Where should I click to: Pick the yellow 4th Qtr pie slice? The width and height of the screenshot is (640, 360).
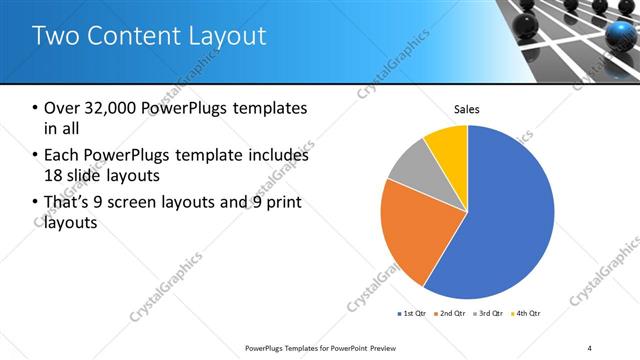448,145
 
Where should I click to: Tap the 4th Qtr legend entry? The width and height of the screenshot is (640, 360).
526,314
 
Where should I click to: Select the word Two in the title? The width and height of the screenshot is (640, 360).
56,37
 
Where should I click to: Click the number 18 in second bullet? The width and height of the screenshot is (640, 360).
55,176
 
